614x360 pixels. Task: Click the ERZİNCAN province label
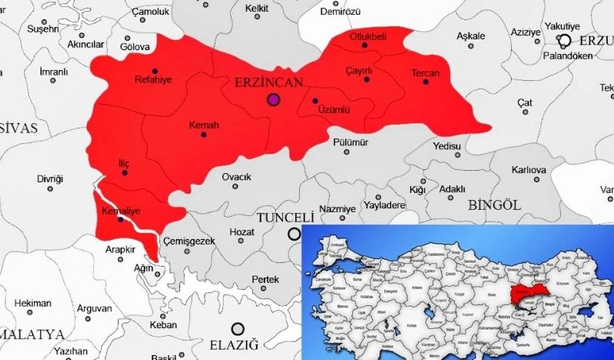[268, 83]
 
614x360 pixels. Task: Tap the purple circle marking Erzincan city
[273, 99]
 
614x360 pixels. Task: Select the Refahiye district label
[153, 79]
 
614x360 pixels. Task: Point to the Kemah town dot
[204, 134]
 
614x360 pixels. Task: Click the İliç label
[124, 164]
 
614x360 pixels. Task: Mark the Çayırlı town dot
[367, 79]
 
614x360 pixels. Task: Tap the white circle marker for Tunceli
[293, 234]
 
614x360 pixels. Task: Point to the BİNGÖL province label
[495, 205]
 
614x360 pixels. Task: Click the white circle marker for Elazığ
[238, 329]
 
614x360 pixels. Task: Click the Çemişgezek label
[189, 241]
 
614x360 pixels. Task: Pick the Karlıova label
[528, 170]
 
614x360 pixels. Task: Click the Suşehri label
[43, 29]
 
